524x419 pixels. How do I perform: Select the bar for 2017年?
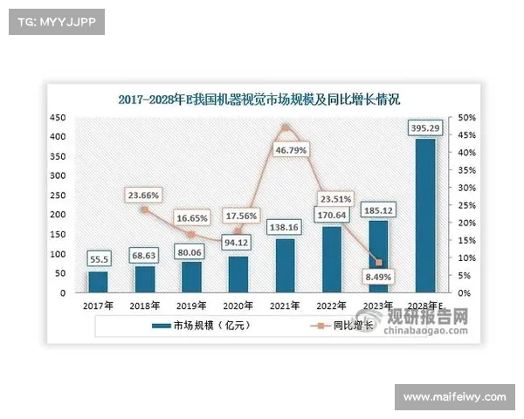point(99,282)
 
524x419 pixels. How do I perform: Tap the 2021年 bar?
point(285,265)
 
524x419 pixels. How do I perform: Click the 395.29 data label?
point(425,129)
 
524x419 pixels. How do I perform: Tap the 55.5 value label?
point(99,259)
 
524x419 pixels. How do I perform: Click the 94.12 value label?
point(238,243)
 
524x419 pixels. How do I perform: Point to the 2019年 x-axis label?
point(191,306)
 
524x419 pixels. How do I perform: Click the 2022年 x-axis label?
point(332,306)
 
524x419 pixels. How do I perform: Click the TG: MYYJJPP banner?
point(55,21)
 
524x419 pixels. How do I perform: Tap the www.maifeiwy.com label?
point(455,398)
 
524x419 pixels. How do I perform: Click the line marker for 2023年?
point(379,263)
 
